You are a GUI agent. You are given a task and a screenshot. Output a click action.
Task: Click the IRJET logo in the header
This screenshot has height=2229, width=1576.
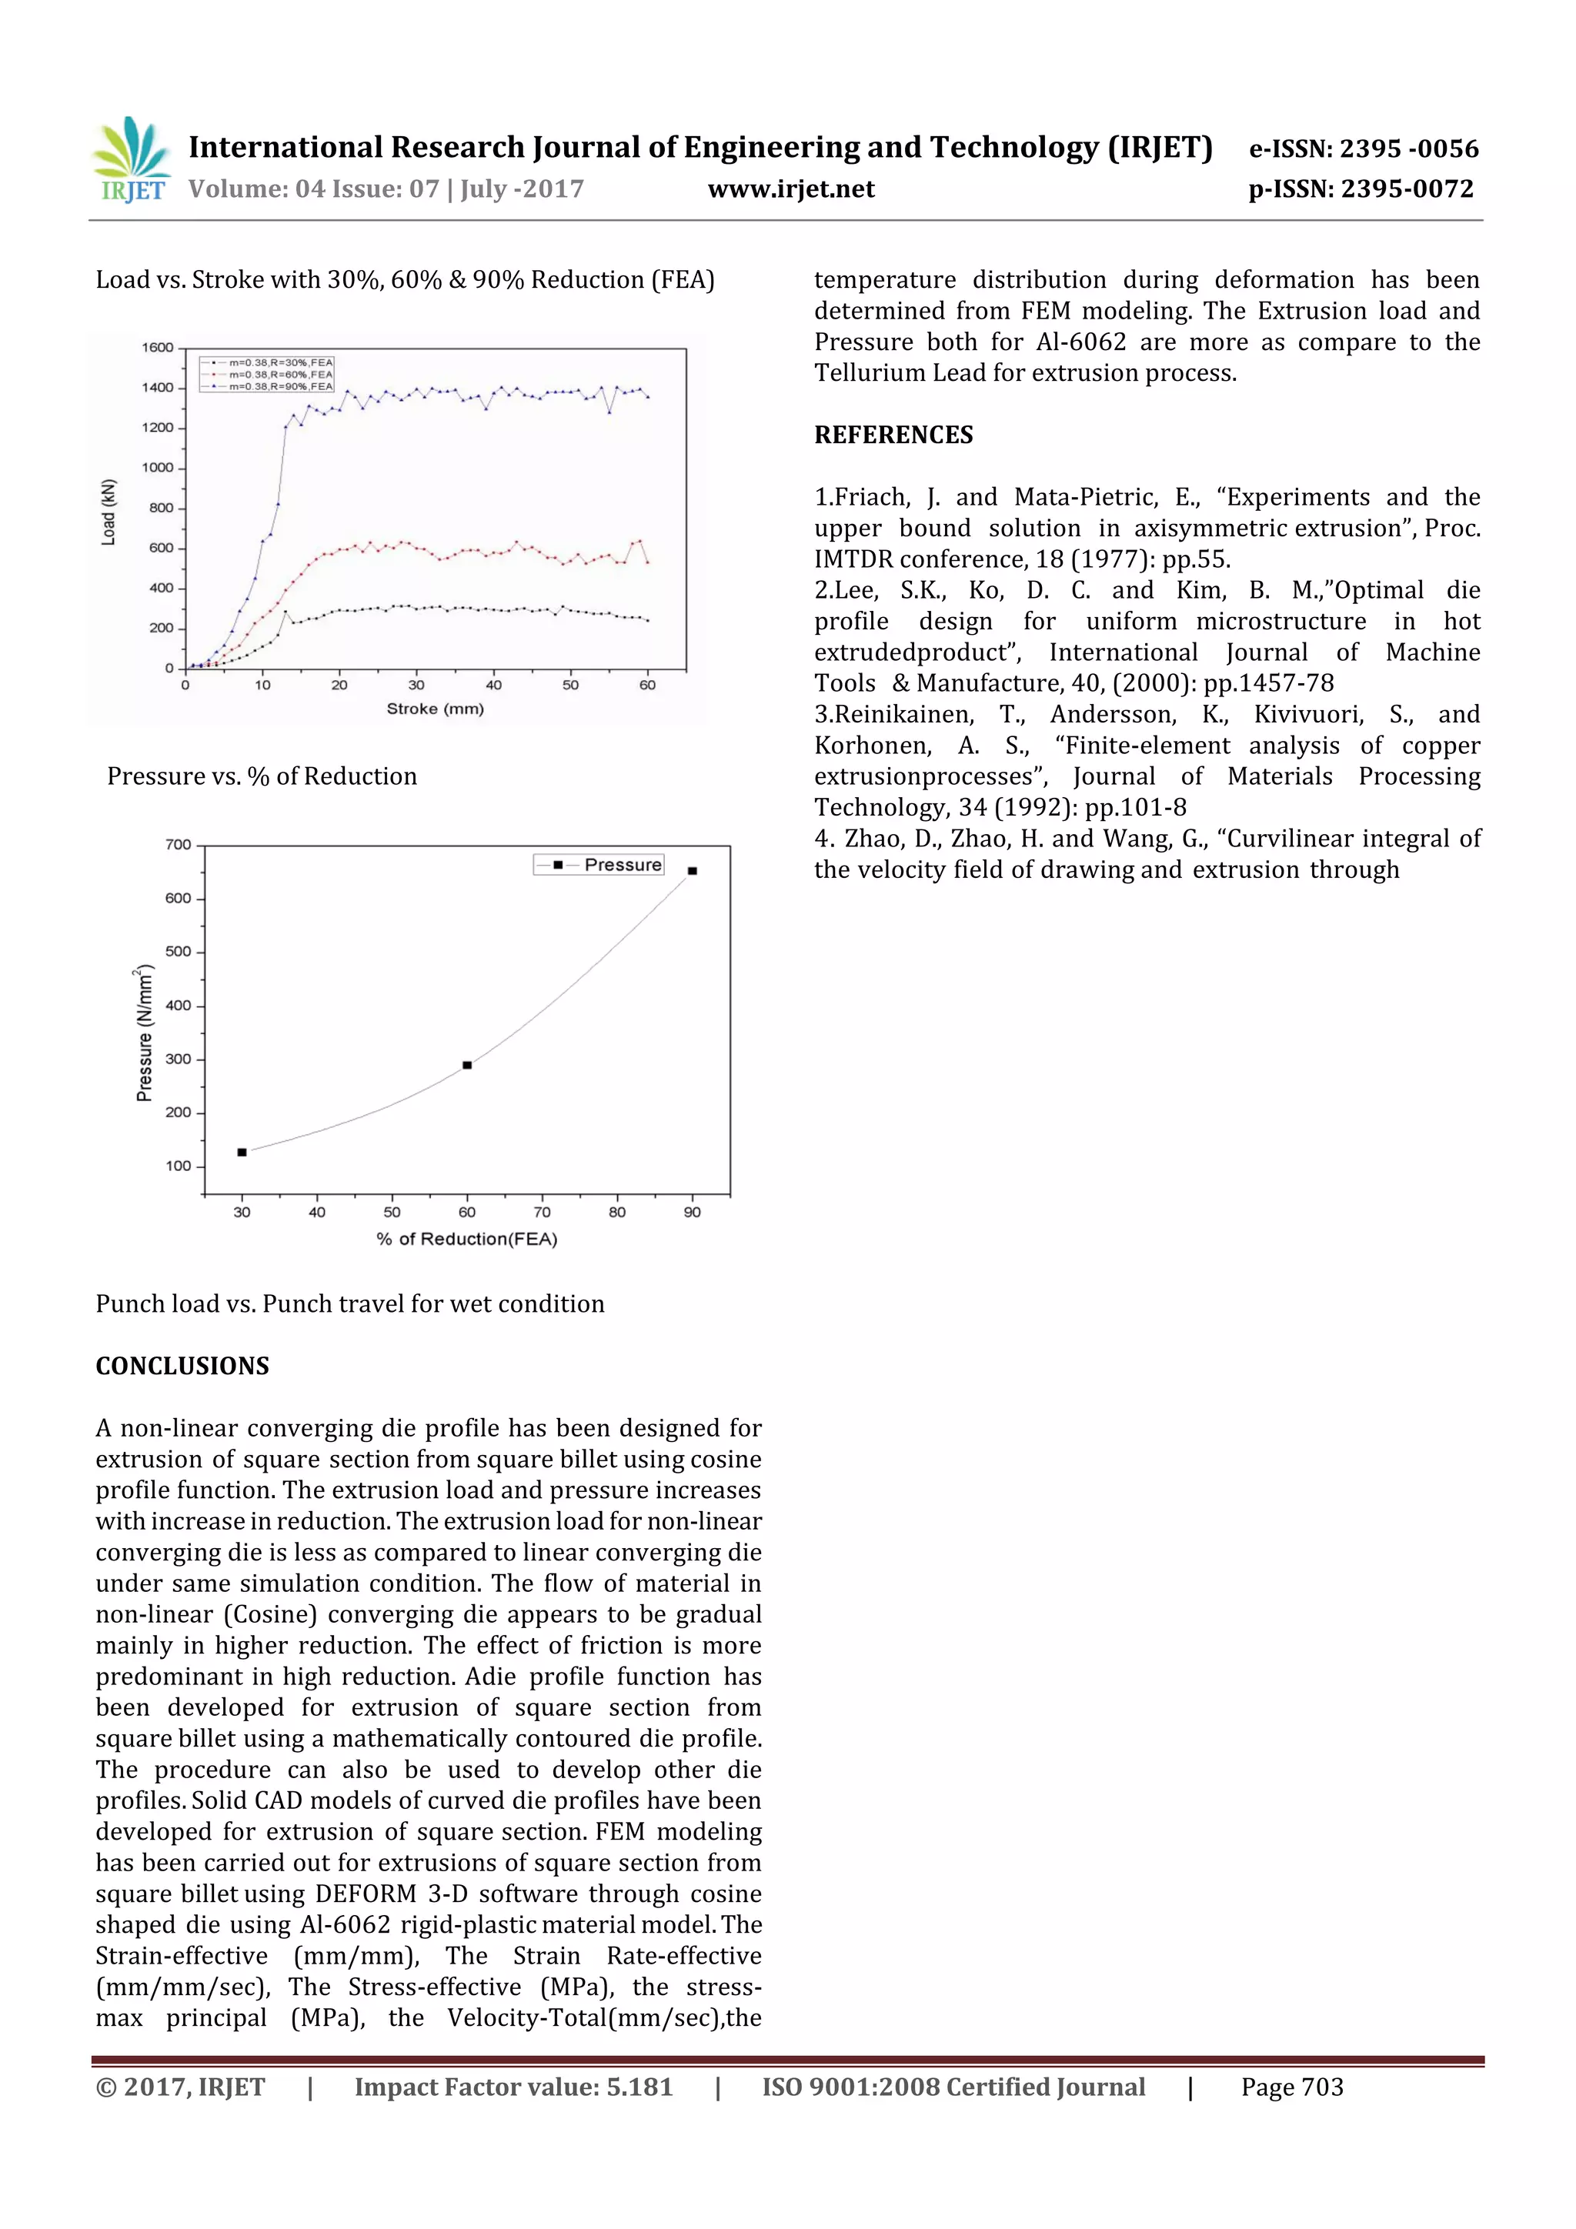pos(131,160)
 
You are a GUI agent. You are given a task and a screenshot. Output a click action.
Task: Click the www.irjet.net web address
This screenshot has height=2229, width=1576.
pos(790,189)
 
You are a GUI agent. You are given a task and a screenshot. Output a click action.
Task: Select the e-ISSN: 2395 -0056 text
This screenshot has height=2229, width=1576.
pos(1362,148)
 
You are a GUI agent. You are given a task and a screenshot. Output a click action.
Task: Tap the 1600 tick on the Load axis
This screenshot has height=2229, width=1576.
pos(157,348)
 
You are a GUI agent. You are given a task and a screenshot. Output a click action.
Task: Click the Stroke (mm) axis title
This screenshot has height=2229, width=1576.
pos(435,709)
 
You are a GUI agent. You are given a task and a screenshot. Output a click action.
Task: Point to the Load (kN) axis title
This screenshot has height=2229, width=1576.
pos(109,512)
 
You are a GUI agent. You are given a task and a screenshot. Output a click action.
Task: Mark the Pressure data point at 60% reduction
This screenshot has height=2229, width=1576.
pos(467,1065)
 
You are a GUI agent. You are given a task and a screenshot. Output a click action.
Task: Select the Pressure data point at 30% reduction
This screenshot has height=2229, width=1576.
pos(242,1153)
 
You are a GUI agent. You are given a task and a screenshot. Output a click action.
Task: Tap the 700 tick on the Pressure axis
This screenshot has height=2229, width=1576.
pos(178,845)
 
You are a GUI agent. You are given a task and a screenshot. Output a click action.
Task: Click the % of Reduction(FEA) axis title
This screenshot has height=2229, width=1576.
pos(467,1239)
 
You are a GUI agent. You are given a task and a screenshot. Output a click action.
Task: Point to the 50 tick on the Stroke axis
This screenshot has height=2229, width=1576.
pos(570,686)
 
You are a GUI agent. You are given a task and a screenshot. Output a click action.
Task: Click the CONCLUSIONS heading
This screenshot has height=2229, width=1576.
pos(182,1366)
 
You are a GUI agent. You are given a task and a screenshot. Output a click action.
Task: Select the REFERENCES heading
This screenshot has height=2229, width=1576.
pos(893,435)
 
